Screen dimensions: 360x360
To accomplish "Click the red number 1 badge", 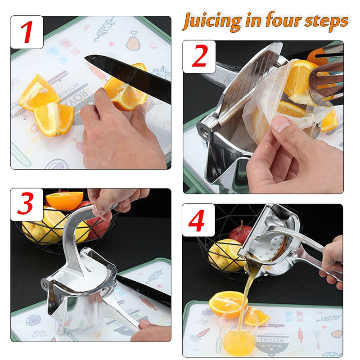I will click(27, 32).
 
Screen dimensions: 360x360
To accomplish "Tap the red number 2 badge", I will click(199, 56).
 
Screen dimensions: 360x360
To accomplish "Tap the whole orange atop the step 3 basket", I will click(64, 200).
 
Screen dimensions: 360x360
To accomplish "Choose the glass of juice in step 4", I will click(239, 333).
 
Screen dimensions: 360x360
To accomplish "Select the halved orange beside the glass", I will click(227, 302).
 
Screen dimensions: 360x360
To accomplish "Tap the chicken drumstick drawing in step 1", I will click(133, 40).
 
